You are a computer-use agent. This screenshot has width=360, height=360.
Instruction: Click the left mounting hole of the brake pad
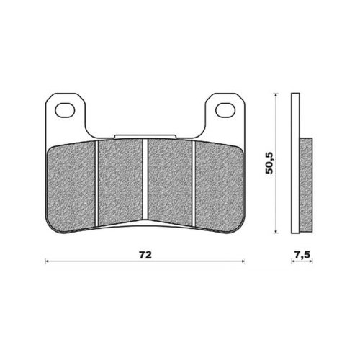(x=65, y=110)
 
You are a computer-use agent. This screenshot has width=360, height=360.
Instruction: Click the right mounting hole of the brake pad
(x=225, y=110)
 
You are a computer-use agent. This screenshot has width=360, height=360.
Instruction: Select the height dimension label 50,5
(x=269, y=163)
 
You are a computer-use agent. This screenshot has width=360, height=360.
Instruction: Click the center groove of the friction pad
(x=145, y=179)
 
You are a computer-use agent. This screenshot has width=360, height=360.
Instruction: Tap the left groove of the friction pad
(x=97, y=184)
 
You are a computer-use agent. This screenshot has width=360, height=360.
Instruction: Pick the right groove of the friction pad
(x=194, y=184)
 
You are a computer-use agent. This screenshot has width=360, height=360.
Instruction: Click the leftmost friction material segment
(x=71, y=186)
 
